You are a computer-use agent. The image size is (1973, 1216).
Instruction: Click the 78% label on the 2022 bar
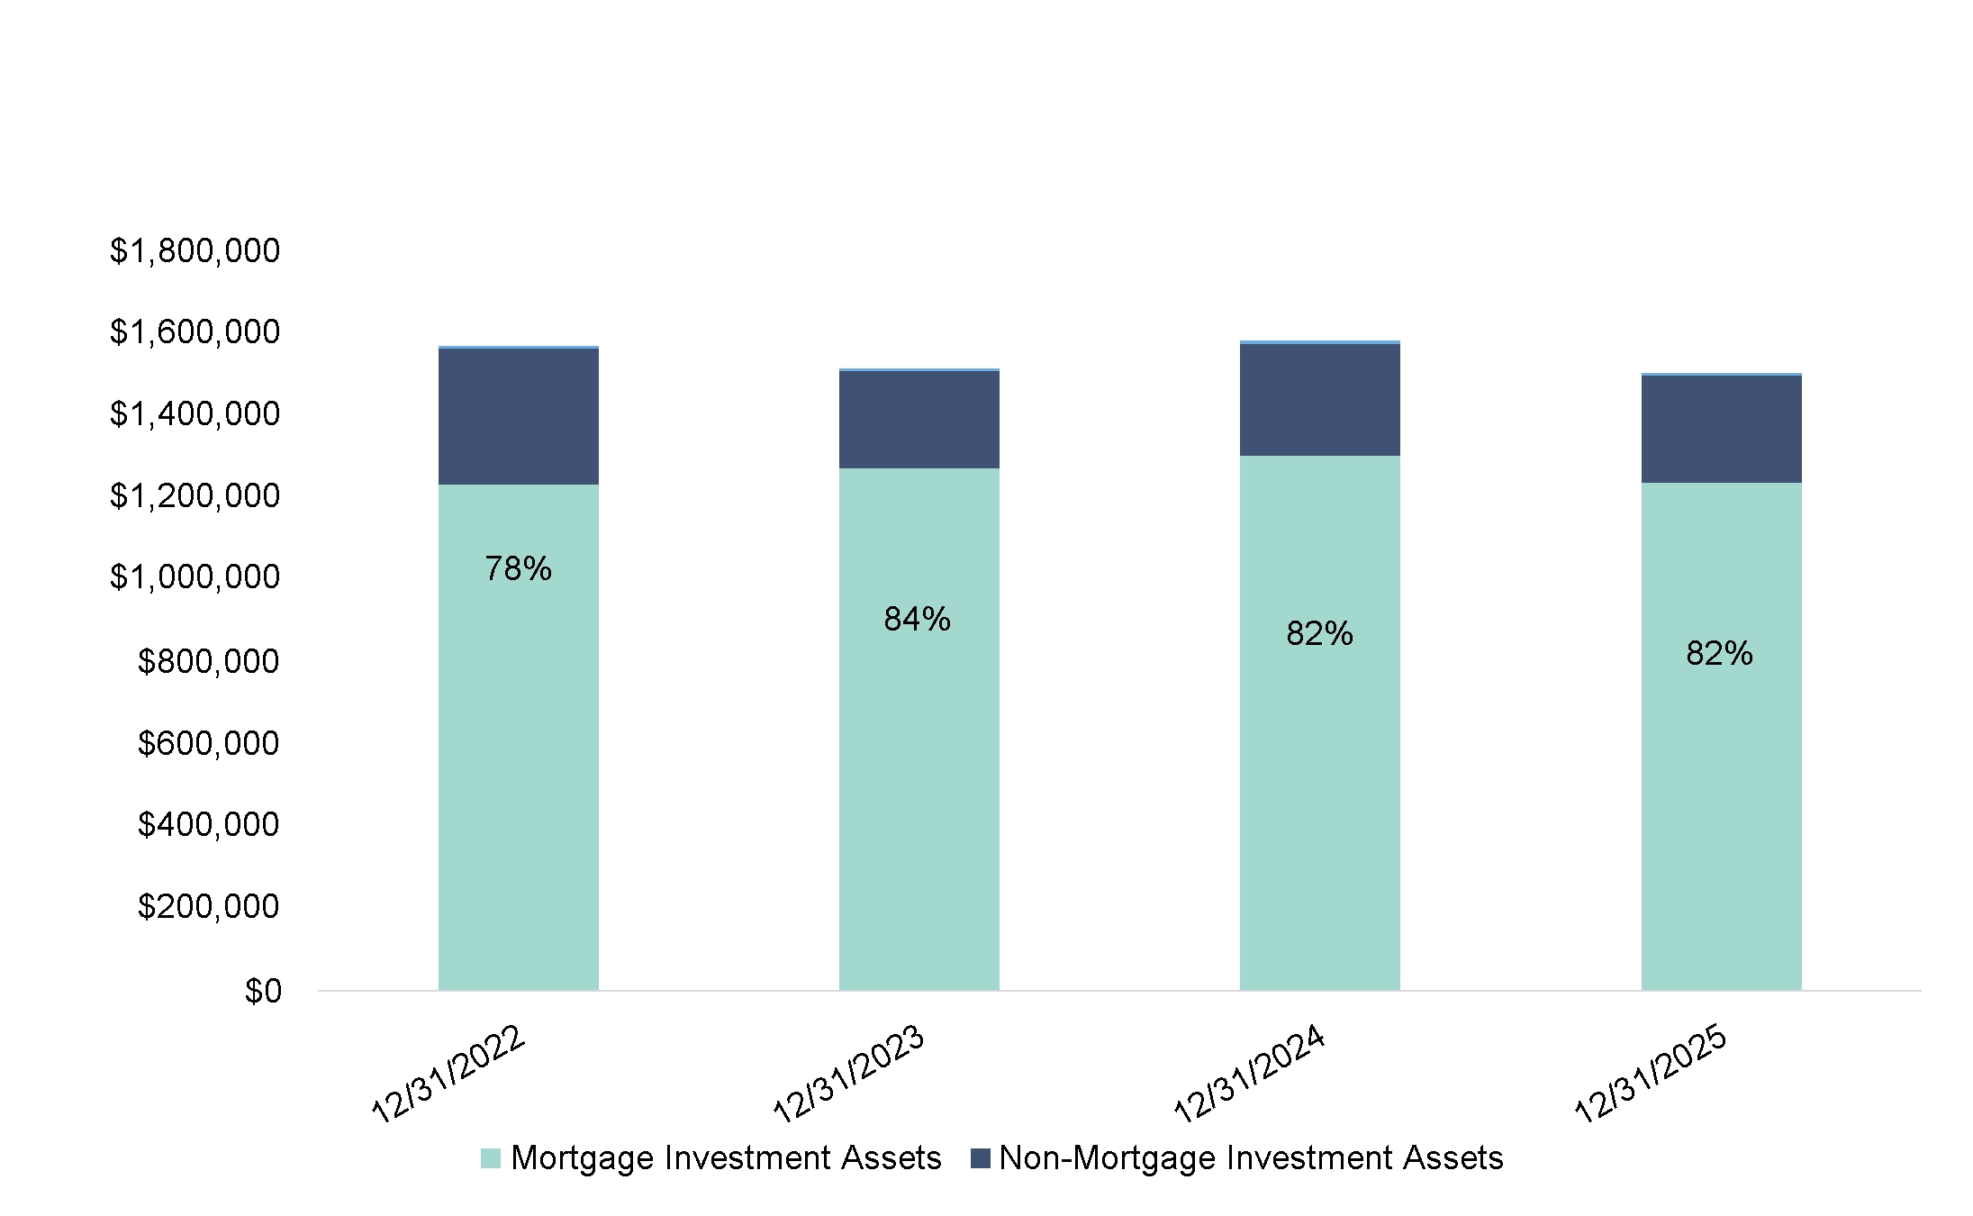point(518,568)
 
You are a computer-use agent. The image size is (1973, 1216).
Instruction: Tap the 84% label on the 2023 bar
point(917,619)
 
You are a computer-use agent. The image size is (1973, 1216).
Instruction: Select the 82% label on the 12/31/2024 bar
point(1319,634)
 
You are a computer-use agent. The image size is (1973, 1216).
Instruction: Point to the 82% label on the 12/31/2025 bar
point(1719,653)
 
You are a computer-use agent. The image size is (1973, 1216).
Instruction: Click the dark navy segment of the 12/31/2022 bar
point(518,416)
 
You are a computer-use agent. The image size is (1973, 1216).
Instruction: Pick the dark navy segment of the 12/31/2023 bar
point(919,419)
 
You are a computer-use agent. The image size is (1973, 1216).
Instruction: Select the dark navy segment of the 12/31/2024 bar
point(1319,399)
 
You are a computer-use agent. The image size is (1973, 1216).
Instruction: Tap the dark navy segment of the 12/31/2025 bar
point(1721,429)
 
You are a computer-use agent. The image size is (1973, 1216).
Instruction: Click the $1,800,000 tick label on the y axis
point(195,250)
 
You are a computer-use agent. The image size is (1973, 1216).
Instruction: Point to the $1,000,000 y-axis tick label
point(195,576)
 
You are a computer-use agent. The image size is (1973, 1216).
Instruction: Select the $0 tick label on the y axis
point(263,991)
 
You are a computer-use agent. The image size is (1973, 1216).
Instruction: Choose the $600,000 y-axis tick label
point(208,743)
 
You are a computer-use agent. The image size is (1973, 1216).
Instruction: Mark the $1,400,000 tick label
point(195,413)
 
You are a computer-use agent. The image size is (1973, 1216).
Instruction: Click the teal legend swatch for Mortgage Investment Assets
point(491,1158)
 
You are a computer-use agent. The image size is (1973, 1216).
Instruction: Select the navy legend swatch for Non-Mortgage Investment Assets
point(981,1158)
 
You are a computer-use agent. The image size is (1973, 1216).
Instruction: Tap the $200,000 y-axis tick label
point(208,905)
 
